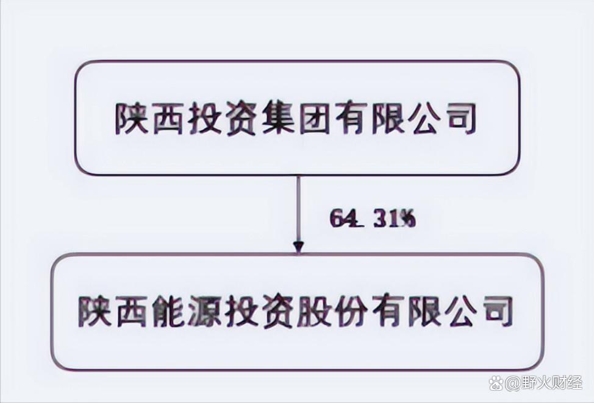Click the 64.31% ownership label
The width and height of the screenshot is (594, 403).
[x=373, y=219]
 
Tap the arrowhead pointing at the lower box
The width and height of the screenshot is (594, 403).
[x=299, y=247]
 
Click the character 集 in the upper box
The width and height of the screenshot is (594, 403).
[x=278, y=119]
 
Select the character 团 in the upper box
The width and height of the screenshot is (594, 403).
[x=315, y=119]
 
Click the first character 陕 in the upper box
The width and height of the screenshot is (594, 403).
[x=131, y=119]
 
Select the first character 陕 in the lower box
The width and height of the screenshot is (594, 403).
[x=94, y=310]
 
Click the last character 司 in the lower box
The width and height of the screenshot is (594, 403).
[x=498, y=310]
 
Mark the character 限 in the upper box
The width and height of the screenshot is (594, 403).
[x=388, y=119]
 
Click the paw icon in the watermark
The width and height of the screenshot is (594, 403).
[x=496, y=384]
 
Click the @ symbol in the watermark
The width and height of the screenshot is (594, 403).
[x=512, y=385]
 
